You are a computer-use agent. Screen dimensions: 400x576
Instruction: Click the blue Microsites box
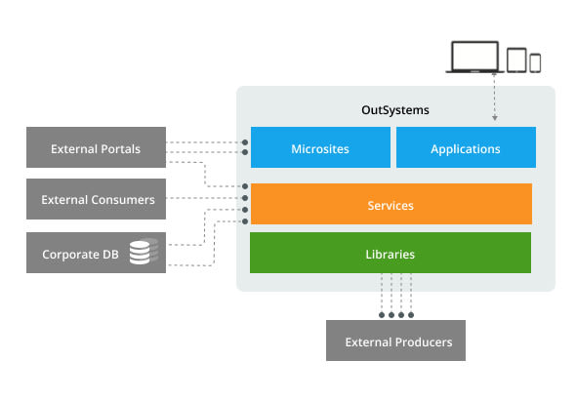pyautogui.click(x=319, y=148)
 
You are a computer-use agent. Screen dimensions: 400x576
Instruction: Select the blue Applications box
pyautogui.click(x=465, y=148)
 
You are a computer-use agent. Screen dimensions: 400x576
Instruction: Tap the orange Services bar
pyautogui.click(x=391, y=205)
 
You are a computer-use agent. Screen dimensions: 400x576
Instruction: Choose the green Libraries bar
pyautogui.click(x=391, y=254)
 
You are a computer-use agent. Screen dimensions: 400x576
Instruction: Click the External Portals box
pyautogui.click(x=96, y=149)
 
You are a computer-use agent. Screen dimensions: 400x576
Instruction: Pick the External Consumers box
pyautogui.click(x=96, y=199)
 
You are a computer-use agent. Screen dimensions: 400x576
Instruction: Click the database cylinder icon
pyautogui.click(x=144, y=254)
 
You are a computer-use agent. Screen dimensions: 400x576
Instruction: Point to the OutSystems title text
pyautogui.click(x=395, y=110)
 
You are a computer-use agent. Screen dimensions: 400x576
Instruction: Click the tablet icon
pyautogui.click(x=516, y=59)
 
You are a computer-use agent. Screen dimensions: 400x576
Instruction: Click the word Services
pyautogui.click(x=391, y=205)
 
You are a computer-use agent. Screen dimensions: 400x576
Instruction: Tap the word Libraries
pyautogui.click(x=391, y=254)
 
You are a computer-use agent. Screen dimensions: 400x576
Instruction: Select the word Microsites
pyautogui.click(x=319, y=148)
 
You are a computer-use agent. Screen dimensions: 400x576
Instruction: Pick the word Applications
pyautogui.click(x=465, y=148)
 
